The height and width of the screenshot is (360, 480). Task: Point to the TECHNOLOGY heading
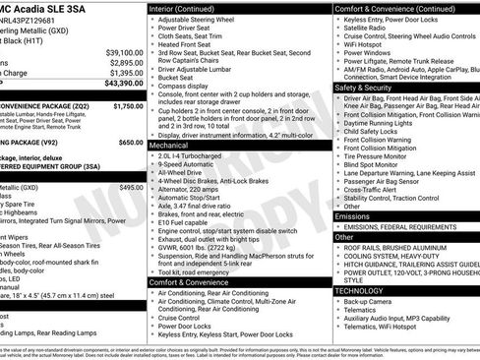359,291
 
